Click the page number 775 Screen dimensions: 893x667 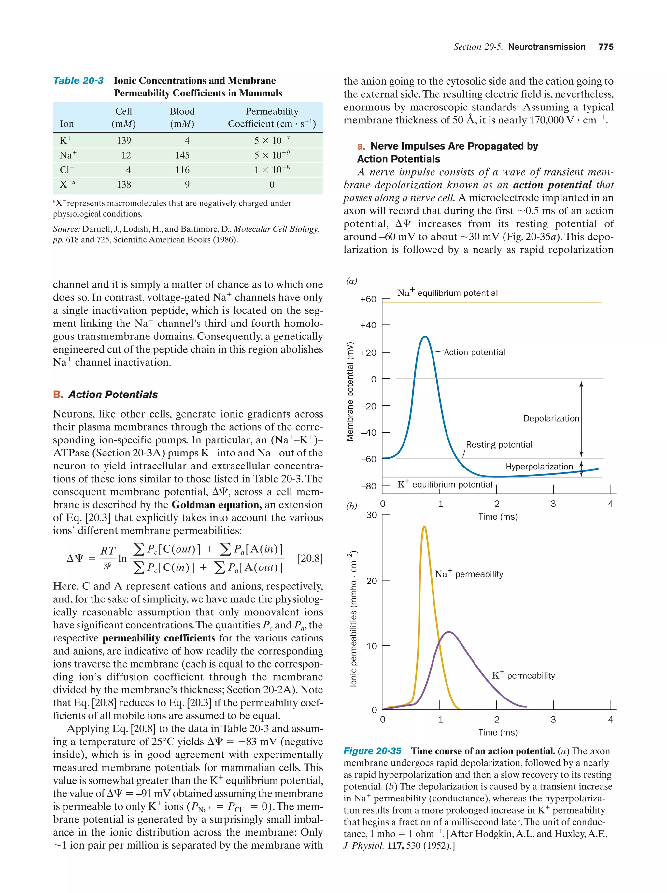tap(606, 47)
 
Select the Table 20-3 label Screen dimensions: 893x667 tap(78, 81)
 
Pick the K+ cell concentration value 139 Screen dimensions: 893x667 tap(123, 140)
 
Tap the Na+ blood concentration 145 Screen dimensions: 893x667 tap(182, 155)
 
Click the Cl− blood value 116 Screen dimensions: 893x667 tap(182, 170)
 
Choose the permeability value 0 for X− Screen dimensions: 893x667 tap(272, 184)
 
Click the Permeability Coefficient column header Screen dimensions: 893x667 tap(272, 118)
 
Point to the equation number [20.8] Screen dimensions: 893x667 tap(310, 558)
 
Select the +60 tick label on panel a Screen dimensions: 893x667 tap(368, 299)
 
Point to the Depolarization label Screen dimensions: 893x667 tap(551, 419)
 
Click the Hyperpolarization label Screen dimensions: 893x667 tap(539, 467)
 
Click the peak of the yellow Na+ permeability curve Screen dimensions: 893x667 tap(424, 526)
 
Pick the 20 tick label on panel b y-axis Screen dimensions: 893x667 tap(372, 581)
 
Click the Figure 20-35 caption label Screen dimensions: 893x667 tap(372, 751)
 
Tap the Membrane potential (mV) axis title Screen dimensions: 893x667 tap(350, 391)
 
